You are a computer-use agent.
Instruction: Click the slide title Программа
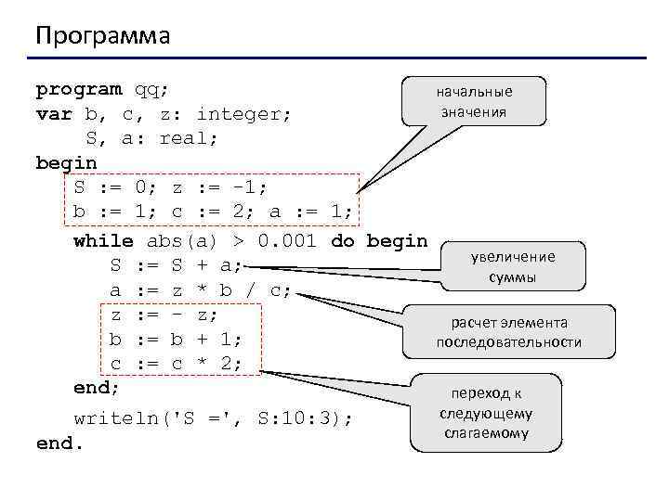pyautogui.click(x=103, y=36)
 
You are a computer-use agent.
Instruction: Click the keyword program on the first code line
pyautogui.click(x=78, y=90)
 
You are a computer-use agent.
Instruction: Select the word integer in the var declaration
pyautogui.click(x=244, y=114)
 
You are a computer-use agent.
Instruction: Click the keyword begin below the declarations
pyautogui.click(x=66, y=163)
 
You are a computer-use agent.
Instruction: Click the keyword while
pyautogui.click(x=103, y=241)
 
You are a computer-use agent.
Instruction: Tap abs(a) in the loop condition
pyautogui.click(x=182, y=241)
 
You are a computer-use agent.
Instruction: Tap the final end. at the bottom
pyautogui.click(x=59, y=443)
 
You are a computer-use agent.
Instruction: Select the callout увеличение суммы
pyautogui.click(x=513, y=267)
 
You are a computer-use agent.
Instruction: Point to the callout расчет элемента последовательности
pyautogui.click(x=509, y=332)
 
